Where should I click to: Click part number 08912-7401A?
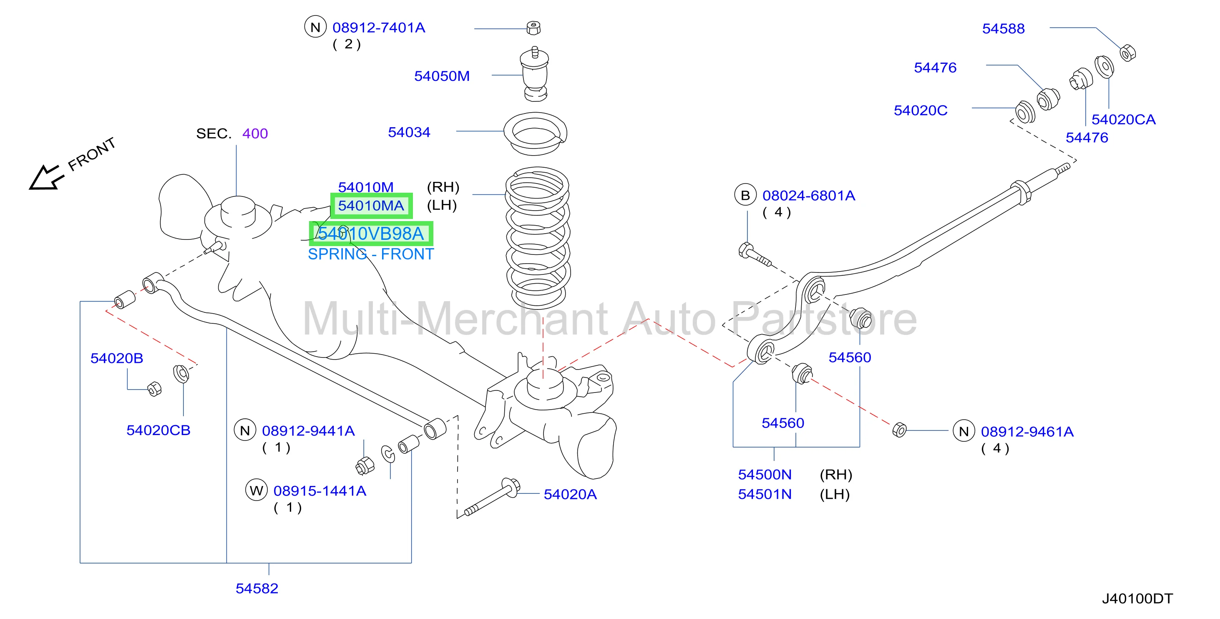378,28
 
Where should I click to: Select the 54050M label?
442,76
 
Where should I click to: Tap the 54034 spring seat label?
409,132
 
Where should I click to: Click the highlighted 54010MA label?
371,206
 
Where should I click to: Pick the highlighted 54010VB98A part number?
371,234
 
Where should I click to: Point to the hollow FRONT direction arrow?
45,178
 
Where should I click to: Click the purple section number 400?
255,133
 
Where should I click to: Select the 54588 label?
1003,28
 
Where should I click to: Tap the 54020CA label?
1123,119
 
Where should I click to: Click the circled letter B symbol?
745,195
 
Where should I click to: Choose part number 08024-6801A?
808,196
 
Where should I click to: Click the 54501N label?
765,494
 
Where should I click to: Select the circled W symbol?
256,490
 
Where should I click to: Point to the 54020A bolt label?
570,494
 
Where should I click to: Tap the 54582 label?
257,588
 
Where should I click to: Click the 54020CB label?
158,430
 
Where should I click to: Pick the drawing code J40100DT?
1137,599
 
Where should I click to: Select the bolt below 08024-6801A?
755,254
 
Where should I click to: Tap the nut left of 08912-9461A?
899,430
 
